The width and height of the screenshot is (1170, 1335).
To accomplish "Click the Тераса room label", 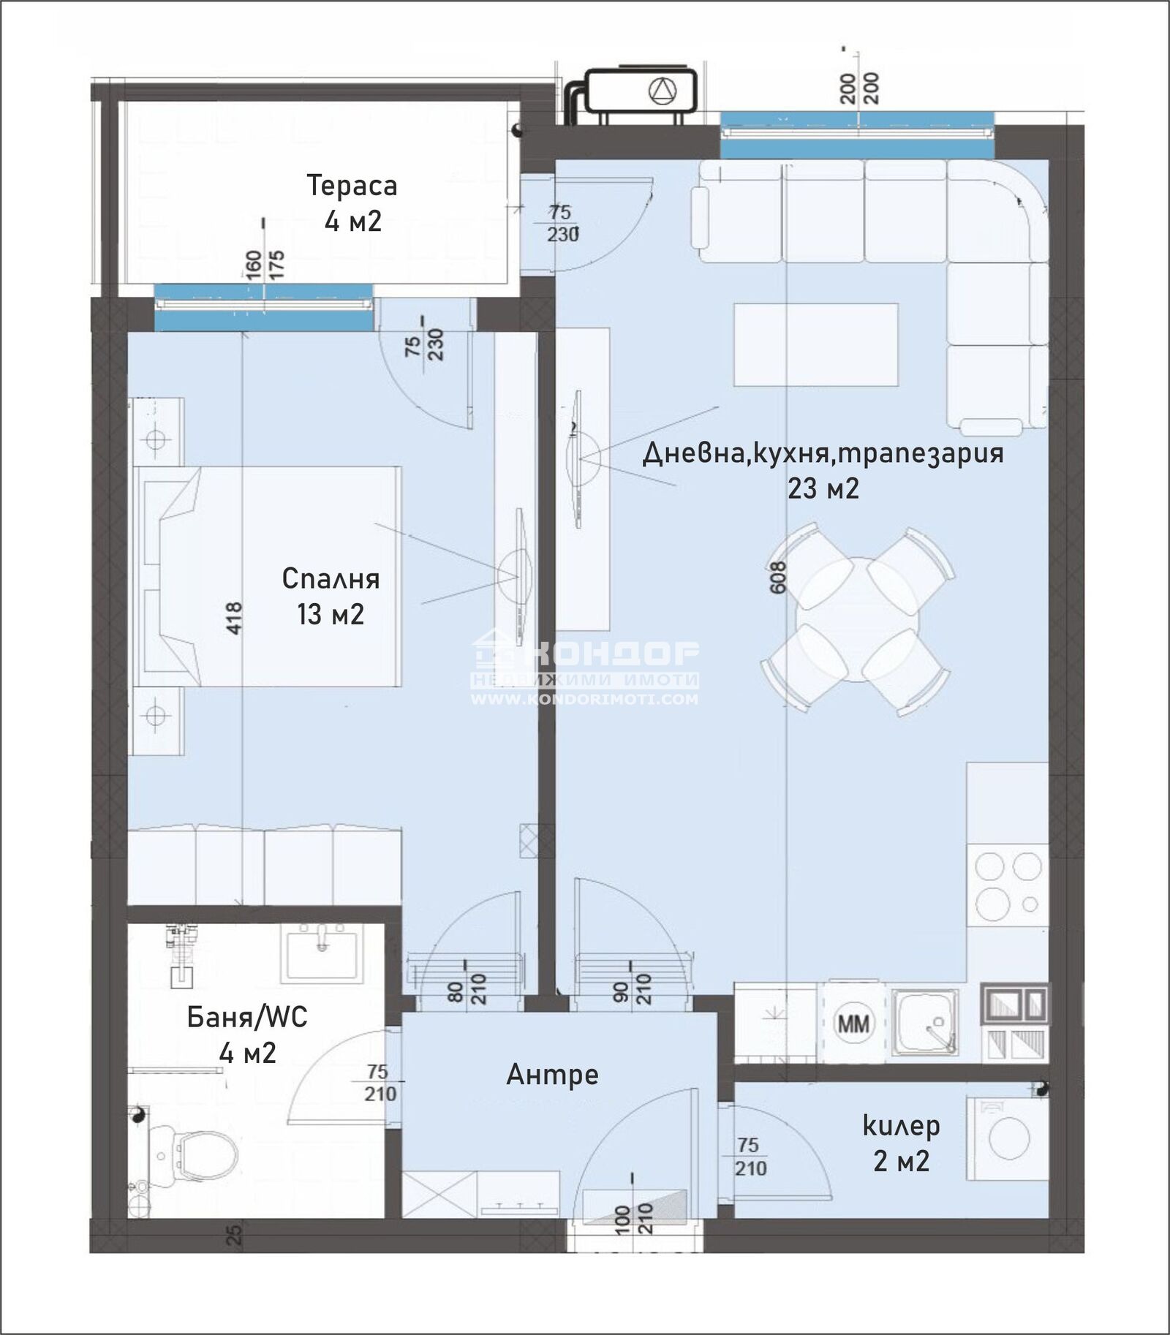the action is [x=352, y=186].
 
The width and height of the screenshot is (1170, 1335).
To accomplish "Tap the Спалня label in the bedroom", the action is [x=331, y=579].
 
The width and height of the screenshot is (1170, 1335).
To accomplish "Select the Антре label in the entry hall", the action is [x=552, y=1075].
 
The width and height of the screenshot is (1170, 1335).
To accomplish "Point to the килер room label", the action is [x=901, y=1126].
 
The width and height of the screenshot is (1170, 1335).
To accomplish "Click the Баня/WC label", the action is [x=247, y=1017].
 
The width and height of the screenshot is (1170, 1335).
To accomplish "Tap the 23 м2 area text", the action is [x=823, y=488].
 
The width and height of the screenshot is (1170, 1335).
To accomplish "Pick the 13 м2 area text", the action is [x=331, y=614].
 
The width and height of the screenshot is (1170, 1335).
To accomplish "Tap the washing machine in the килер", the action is [x=1007, y=1138].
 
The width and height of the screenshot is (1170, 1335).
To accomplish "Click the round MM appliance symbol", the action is [x=853, y=1023].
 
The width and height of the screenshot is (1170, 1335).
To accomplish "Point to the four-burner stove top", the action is [x=1007, y=885].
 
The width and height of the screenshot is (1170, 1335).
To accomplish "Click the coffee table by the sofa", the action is [x=815, y=345].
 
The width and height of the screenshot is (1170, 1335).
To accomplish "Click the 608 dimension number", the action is [x=777, y=577].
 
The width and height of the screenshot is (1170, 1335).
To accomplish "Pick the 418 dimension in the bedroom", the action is [x=233, y=617].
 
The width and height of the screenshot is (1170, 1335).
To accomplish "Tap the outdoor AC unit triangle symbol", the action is [x=663, y=91].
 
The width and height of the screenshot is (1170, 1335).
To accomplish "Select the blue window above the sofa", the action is [x=857, y=135].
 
